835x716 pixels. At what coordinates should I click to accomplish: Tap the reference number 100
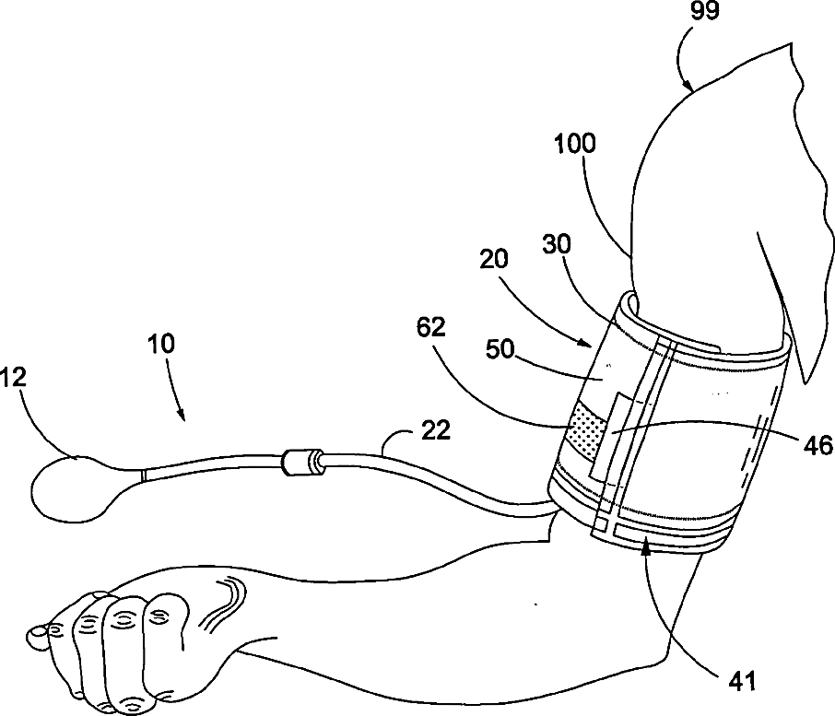[x=575, y=144]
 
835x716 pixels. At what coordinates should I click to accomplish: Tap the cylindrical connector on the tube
[x=303, y=463]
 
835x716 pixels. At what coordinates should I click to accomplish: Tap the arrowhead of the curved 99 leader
[x=689, y=88]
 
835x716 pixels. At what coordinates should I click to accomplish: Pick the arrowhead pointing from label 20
[x=590, y=345]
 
